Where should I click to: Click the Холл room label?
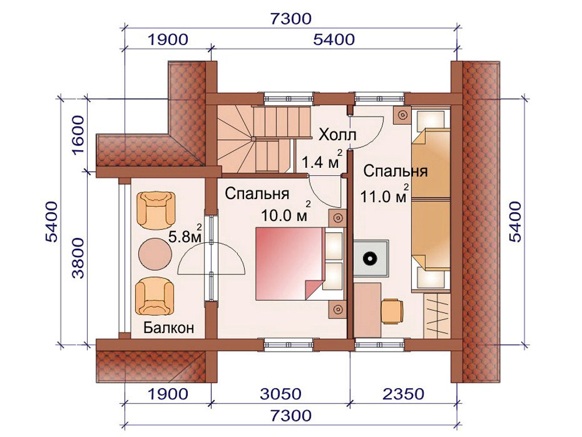click(x=337, y=135)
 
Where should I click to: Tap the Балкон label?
click(x=169, y=328)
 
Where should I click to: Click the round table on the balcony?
click(x=155, y=253)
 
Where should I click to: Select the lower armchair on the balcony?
click(x=155, y=296)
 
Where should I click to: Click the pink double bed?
click(x=290, y=263)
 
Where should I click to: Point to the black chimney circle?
click(x=369, y=258)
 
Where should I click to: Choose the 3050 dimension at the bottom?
click(x=280, y=394)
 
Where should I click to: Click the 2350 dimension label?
click(x=403, y=394)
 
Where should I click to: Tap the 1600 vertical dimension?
click(x=79, y=135)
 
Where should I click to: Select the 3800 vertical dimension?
click(x=79, y=258)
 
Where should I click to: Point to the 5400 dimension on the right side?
click(x=515, y=222)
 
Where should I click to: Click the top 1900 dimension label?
click(x=168, y=39)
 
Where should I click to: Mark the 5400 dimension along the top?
click(x=334, y=39)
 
